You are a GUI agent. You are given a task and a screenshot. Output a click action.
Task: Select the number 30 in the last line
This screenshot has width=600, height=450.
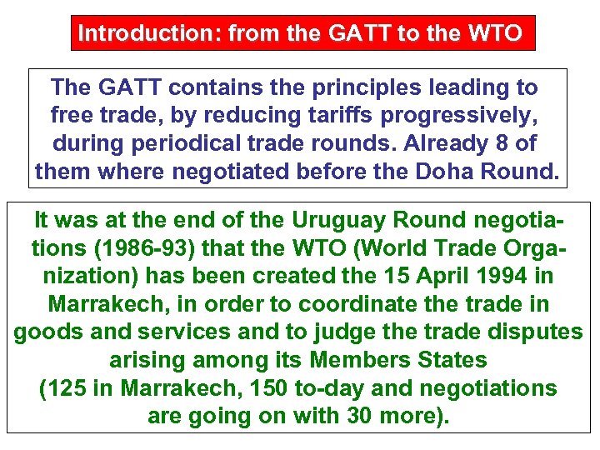[x=357, y=416]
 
